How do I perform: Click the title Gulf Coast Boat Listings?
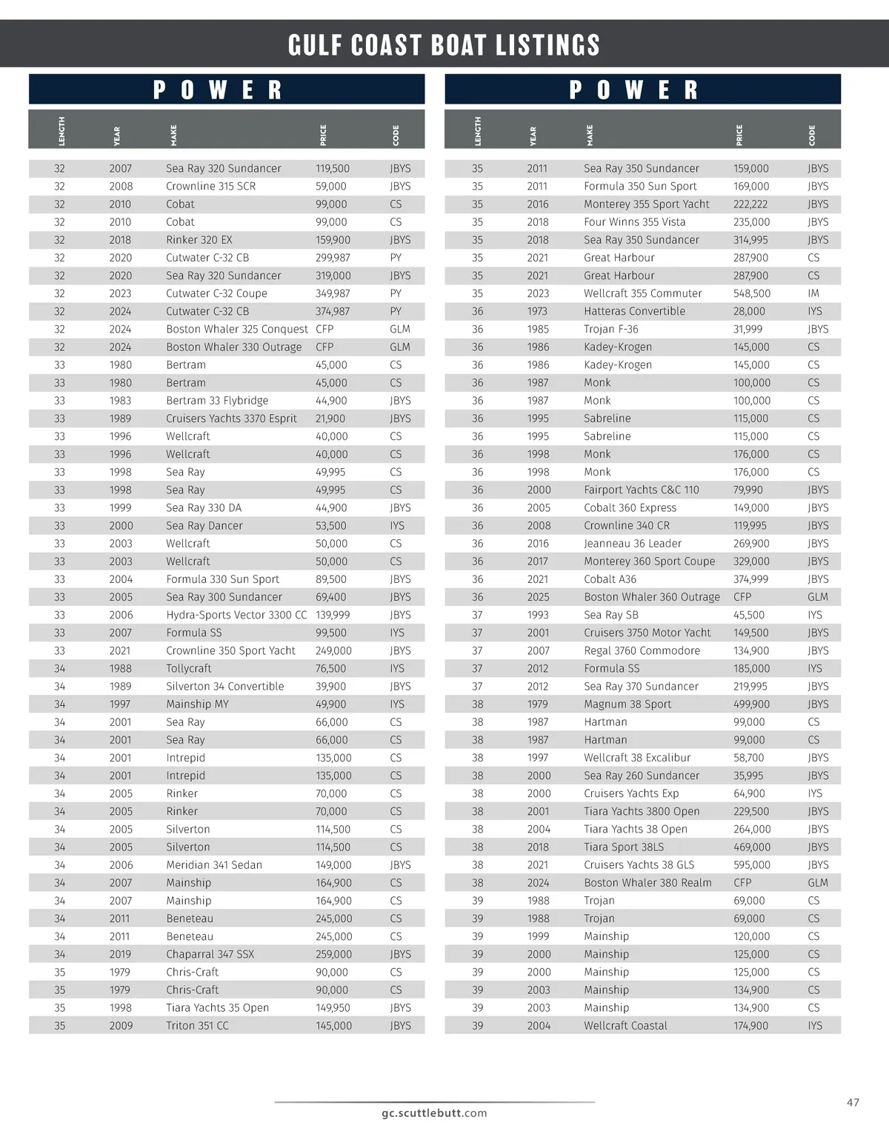pos(444,45)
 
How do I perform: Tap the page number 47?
pos(853,1103)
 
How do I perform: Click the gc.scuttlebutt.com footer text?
pos(434,1113)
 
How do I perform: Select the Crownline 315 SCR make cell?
pos(210,187)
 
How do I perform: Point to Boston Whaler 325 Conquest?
pos(236,329)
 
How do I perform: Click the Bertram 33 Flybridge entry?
pos(217,401)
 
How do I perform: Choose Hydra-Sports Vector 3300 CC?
pos(236,615)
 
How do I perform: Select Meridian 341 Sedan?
pos(214,865)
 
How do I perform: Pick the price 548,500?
pos(752,293)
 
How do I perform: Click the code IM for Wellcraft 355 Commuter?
pos(813,293)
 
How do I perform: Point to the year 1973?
pos(537,311)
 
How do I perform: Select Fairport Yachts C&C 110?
pos(641,490)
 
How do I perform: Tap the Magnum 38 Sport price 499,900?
pos(751,704)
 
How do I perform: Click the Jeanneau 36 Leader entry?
pos(632,544)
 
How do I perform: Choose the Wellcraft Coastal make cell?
pos(625,1026)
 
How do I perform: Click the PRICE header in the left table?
pos(323,135)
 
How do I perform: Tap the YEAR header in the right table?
pos(533,136)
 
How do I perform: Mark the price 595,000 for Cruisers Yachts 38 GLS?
pos(752,865)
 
